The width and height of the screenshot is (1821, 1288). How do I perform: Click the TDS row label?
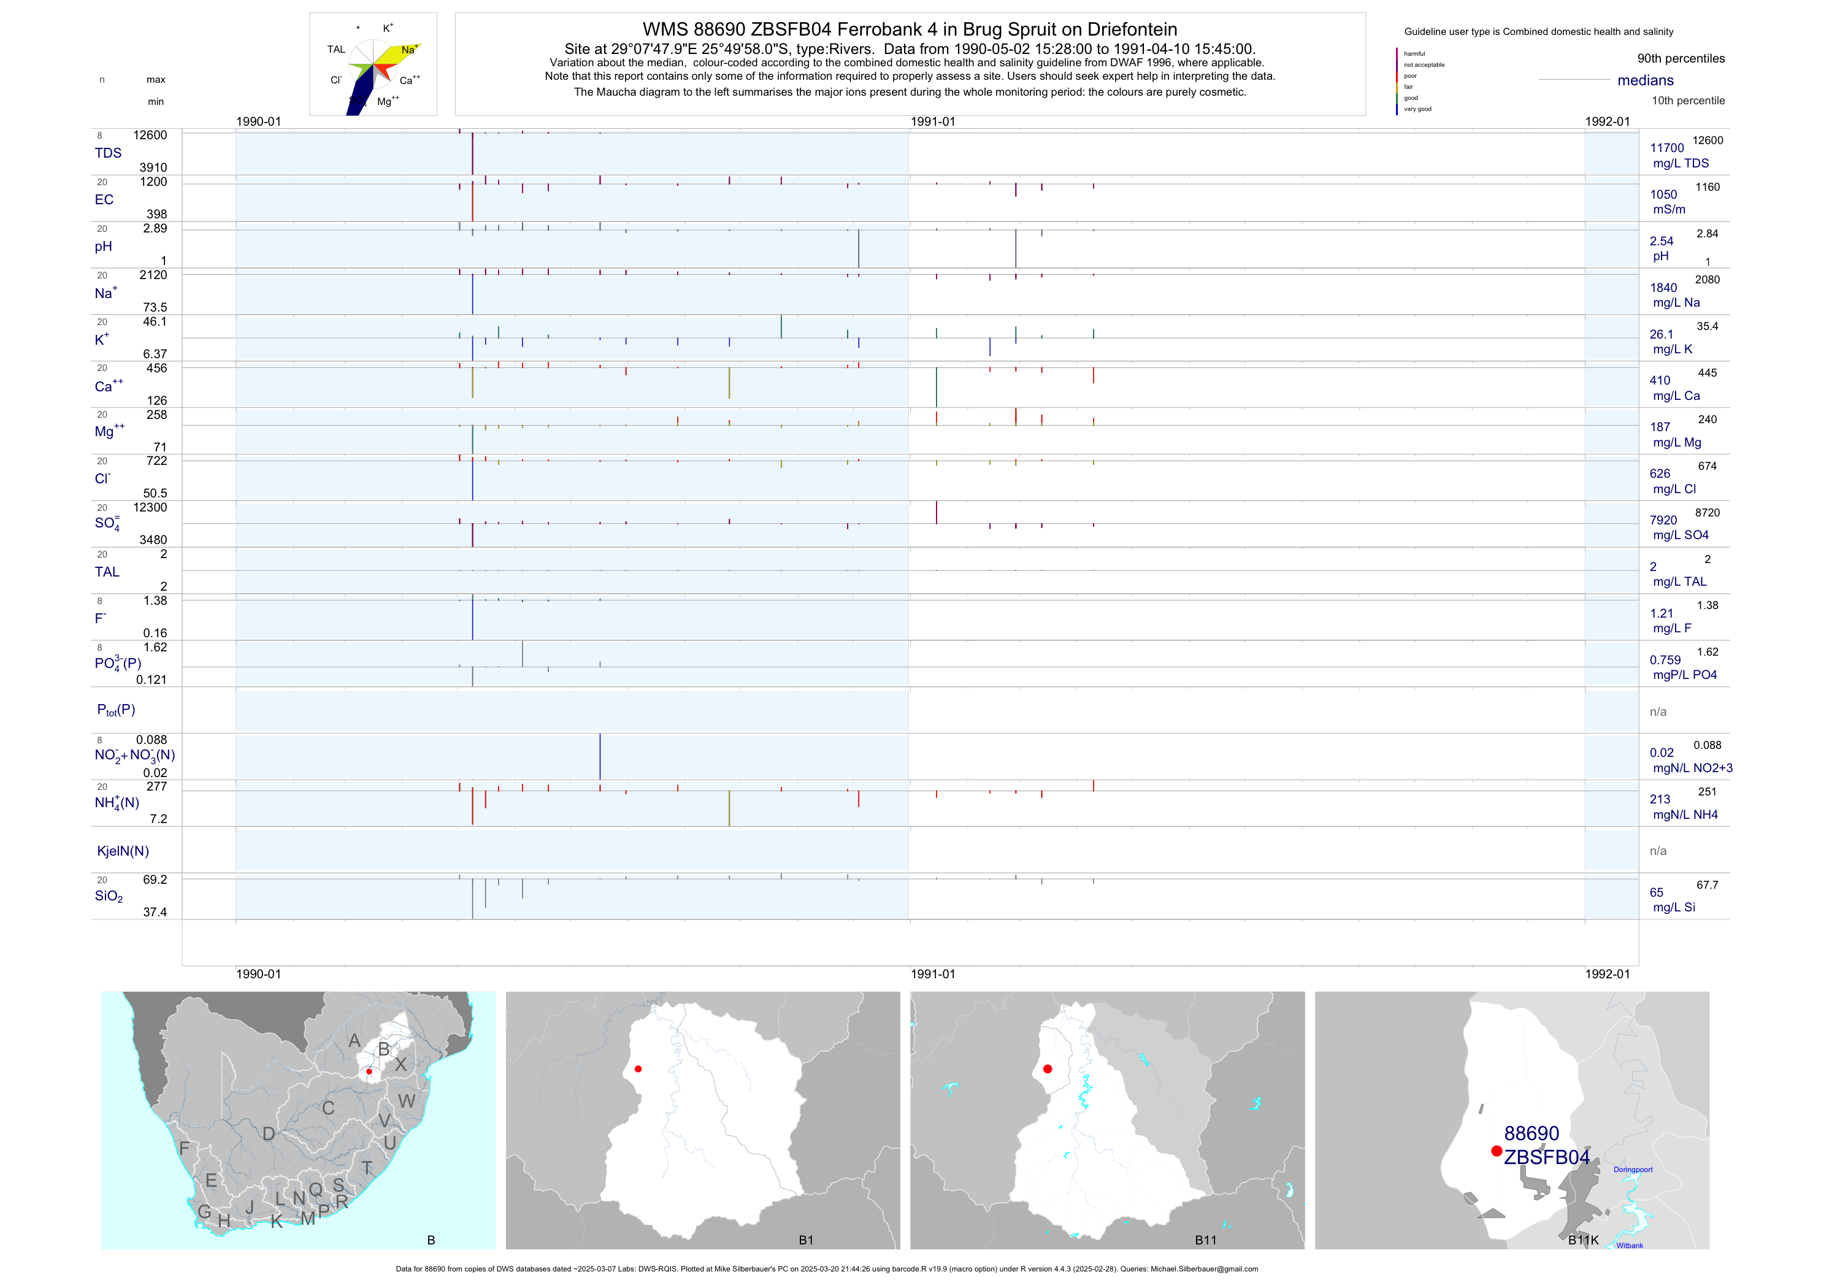click(x=108, y=153)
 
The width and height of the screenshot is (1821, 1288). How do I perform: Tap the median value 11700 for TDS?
click(x=1666, y=148)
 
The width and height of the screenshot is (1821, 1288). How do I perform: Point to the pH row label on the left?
click(x=103, y=247)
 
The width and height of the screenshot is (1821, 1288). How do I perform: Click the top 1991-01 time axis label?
click(x=933, y=121)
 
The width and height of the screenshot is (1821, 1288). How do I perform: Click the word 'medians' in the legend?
click(x=1645, y=81)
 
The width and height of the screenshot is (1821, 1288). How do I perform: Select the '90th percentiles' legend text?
click(x=1681, y=59)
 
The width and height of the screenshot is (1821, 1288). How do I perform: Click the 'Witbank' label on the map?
click(x=1629, y=1245)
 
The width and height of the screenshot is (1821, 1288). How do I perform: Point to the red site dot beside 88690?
click(x=1496, y=1151)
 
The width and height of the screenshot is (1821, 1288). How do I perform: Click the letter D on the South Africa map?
click(x=269, y=1134)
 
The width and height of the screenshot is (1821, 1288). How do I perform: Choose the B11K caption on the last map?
click(x=1583, y=1240)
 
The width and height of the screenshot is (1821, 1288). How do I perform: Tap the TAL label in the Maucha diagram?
click(x=336, y=50)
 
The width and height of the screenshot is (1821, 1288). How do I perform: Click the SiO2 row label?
click(x=109, y=896)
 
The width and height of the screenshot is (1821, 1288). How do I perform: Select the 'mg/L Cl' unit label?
click(x=1673, y=489)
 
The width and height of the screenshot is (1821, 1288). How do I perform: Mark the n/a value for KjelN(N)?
click(x=1658, y=851)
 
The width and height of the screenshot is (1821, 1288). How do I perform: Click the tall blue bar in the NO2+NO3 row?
click(x=600, y=757)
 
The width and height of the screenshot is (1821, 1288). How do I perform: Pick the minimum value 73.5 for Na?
click(x=155, y=307)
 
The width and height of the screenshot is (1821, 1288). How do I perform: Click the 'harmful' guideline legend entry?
click(x=1414, y=54)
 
